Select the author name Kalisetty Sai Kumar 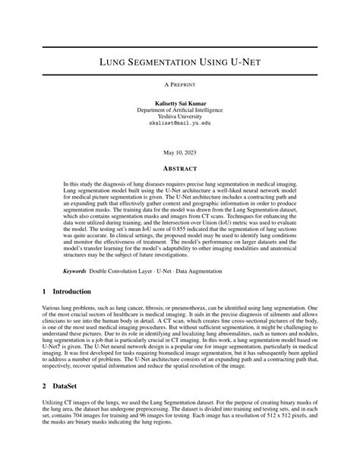180,103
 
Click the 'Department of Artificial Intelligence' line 180,109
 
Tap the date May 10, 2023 180,152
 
